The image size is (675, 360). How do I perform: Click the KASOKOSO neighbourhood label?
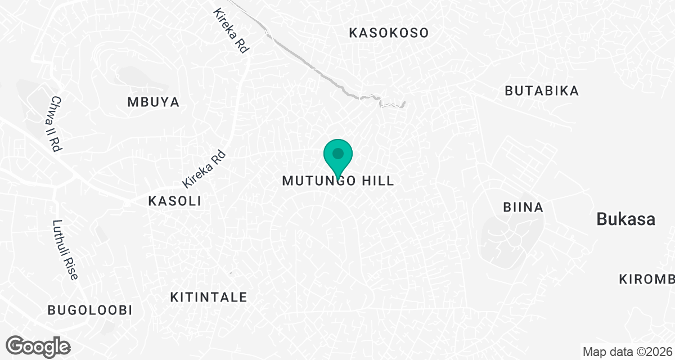389,33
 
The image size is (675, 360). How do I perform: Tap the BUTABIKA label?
542,91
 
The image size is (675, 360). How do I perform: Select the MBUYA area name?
153,102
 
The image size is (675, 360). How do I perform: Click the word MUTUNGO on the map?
318,181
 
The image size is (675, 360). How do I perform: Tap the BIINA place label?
523,208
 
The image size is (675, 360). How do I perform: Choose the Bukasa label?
626,219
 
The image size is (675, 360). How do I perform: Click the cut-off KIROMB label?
646,280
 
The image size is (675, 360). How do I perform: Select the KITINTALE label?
209,297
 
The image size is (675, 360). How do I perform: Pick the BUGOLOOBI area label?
90,310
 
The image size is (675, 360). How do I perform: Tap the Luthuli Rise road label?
65,250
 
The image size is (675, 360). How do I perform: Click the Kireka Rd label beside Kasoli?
204,169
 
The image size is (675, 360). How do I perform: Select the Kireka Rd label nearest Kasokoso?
231,31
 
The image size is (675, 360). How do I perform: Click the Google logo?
38,346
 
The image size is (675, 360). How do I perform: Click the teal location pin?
337,158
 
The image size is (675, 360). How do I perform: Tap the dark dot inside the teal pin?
337,153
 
